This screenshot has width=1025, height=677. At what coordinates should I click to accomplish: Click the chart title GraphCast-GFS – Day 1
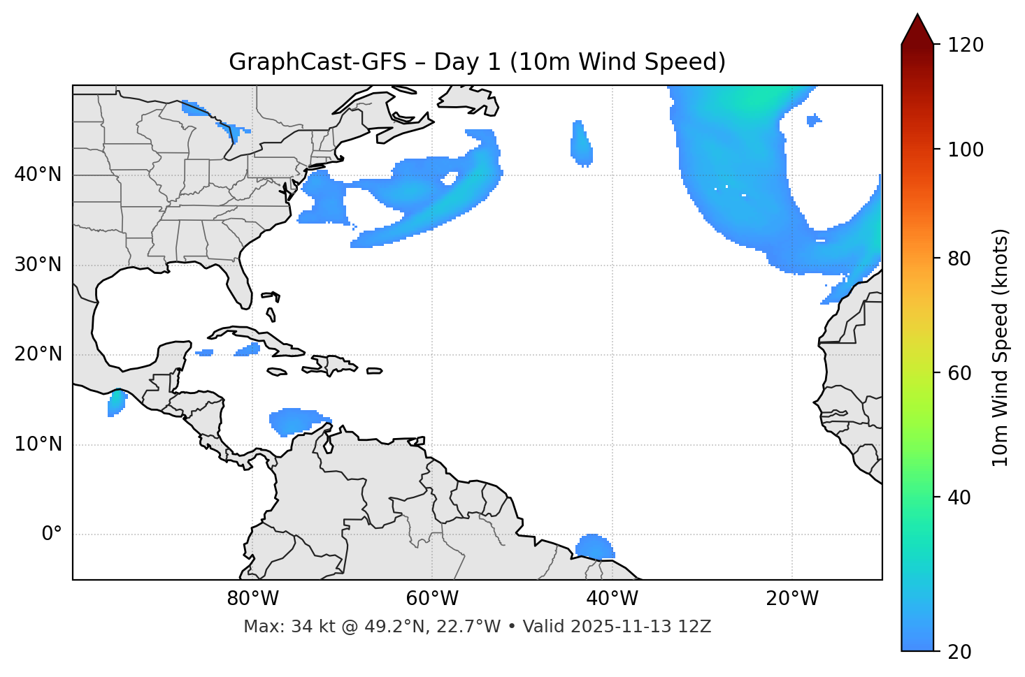477,62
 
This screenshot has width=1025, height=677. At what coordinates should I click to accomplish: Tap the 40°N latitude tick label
38,175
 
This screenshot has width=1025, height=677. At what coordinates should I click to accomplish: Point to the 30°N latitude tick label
38,265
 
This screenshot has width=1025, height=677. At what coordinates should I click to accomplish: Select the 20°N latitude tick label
38,354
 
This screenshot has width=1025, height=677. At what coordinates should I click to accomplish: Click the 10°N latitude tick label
38,444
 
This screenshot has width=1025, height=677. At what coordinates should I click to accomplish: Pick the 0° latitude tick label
52,534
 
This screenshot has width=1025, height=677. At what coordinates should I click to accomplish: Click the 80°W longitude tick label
252,599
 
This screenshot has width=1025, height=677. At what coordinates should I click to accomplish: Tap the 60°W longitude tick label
432,599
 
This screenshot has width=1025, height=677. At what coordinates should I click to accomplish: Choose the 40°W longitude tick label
612,599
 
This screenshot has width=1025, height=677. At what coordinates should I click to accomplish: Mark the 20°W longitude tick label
792,599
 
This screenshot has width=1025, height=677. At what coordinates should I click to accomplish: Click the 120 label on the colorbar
966,45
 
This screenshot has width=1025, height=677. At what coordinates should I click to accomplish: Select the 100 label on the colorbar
966,150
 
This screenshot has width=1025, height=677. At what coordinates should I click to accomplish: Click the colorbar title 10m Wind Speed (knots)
1001,347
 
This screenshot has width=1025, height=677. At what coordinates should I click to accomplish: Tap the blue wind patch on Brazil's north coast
594,546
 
